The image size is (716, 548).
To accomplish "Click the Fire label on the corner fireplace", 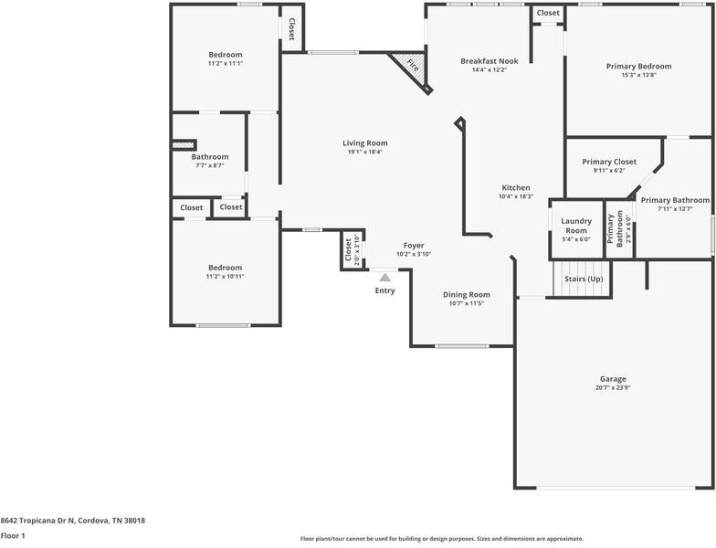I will coord(413,67).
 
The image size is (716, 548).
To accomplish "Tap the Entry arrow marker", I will coord(385,277).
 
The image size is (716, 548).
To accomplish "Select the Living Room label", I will coord(365,142).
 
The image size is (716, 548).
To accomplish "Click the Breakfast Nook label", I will coord(489,61).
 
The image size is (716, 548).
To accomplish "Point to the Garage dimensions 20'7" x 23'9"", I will coord(613,388).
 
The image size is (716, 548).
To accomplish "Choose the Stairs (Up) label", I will coord(584,279).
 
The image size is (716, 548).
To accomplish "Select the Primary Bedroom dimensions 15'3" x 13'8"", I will coord(638,75).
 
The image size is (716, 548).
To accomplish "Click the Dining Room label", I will coord(467,294).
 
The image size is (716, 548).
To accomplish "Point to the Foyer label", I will coord(414,246).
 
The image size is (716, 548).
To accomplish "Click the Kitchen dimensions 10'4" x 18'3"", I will coord(515,196).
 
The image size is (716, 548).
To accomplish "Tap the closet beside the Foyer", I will coord(349,249).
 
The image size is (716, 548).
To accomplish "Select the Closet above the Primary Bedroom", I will coord(548,13).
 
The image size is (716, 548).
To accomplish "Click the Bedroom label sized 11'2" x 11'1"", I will coord(226,55).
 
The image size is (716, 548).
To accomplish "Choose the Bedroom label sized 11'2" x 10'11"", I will coord(226,267).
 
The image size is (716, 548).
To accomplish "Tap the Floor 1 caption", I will coord(13,536).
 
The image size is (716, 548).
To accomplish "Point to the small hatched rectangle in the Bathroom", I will coord(184,143).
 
